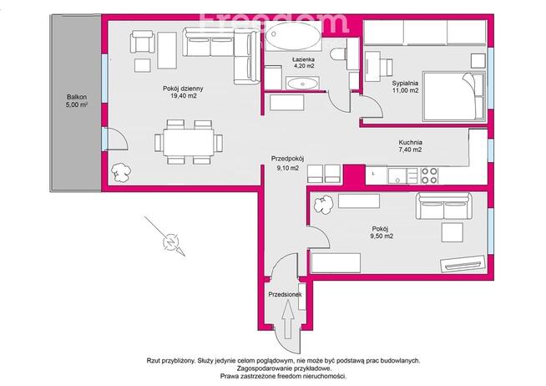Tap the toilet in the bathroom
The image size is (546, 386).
(x=337, y=54)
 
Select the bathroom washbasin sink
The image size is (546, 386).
(x=302, y=84)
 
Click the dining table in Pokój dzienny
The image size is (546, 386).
(x=189, y=142)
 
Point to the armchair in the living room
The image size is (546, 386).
(x=142, y=42)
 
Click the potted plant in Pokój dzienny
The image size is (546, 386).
(x=121, y=172)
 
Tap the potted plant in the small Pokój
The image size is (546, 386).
(x=323, y=204)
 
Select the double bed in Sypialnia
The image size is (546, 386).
(x=453, y=97)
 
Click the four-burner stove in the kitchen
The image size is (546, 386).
(x=429, y=175)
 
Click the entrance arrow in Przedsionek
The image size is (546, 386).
(x=288, y=319)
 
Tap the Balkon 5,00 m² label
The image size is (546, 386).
(x=77, y=101)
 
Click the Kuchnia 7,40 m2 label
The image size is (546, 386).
(x=410, y=146)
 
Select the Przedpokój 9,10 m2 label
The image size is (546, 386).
(x=288, y=163)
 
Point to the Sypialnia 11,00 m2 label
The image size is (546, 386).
(x=405, y=87)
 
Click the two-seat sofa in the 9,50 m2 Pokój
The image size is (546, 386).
(x=444, y=206)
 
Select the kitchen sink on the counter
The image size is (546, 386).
(x=397, y=175)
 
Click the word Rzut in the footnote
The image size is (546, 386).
(x=153, y=361)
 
